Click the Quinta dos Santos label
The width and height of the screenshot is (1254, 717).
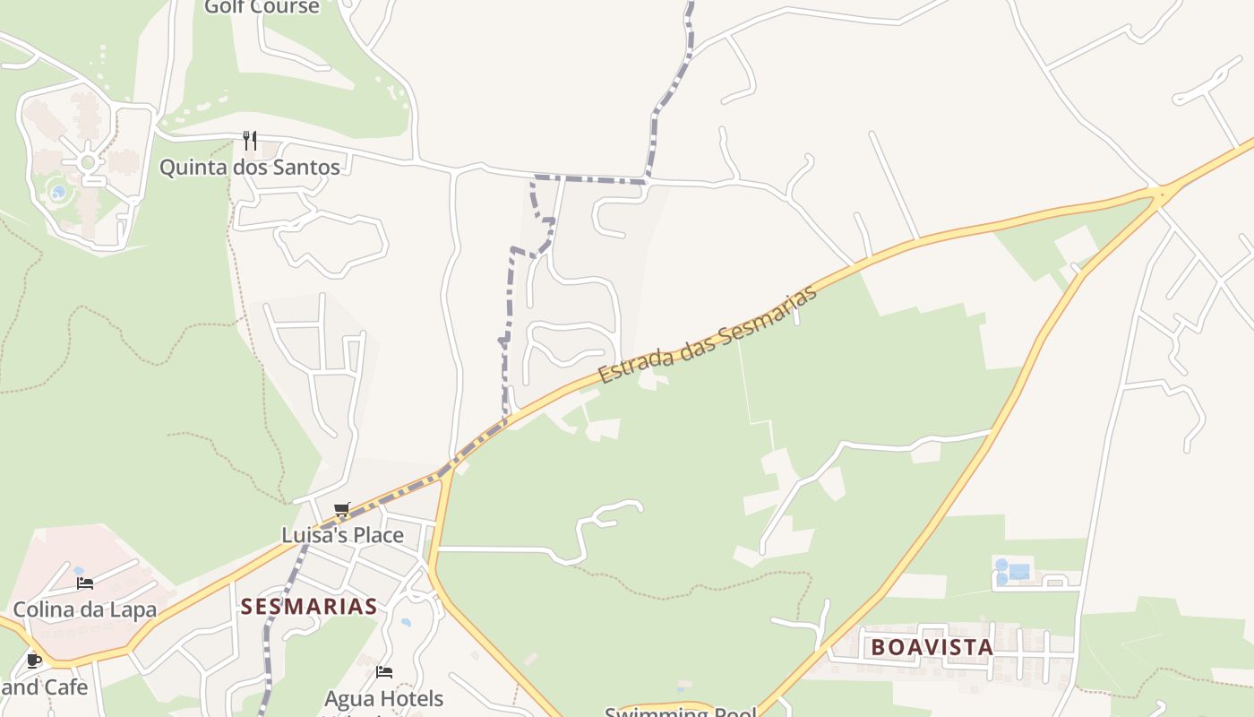click(250, 168)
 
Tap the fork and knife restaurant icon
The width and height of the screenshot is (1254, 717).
click(250, 141)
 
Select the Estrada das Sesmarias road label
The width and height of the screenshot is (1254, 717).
click(708, 334)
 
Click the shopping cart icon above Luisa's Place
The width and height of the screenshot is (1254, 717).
click(341, 510)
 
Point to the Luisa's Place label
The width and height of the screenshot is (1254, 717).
click(342, 535)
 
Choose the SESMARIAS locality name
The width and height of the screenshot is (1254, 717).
click(309, 607)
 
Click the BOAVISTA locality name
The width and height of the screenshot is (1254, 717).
click(932, 647)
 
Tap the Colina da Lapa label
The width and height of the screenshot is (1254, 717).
click(85, 610)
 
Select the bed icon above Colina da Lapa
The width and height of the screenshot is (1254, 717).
click(85, 583)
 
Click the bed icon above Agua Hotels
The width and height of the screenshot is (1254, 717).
click(384, 671)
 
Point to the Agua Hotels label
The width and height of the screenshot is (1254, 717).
click(383, 698)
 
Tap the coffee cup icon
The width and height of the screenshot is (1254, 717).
click(34, 661)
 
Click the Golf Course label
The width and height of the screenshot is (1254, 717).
click(262, 7)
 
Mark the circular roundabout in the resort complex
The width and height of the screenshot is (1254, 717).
click(88, 162)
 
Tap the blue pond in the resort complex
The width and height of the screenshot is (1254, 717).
click(58, 192)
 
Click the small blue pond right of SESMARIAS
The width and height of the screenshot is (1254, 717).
click(407, 621)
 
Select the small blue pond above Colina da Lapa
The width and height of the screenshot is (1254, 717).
click(79, 570)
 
